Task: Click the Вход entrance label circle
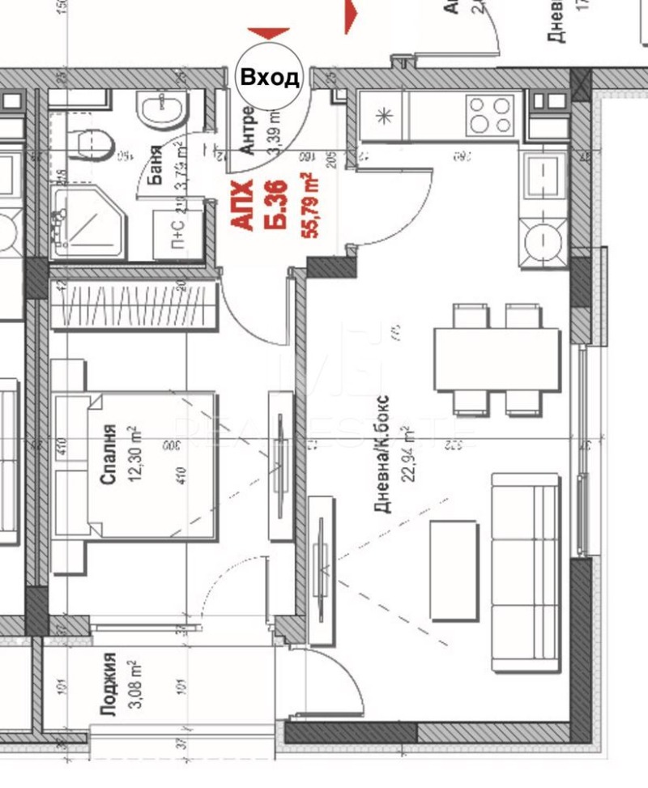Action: pyautogui.click(x=270, y=77)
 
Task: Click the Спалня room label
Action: pyautogui.click(x=109, y=454)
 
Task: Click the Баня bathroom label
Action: pyautogui.click(x=156, y=162)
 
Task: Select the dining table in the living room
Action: pyautogui.click(x=497, y=358)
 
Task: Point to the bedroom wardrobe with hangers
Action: pyautogui.click(x=134, y=305)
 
